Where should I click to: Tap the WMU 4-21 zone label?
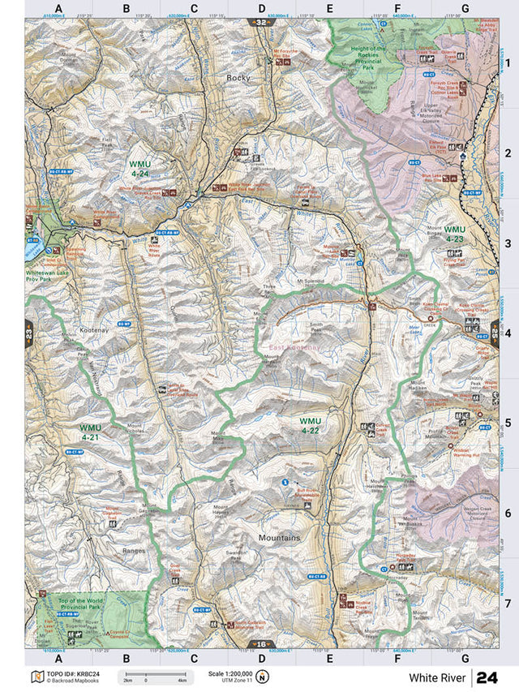tap(89, 432)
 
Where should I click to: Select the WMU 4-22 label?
tap(310, 425)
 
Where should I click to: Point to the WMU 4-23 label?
tap(454, 234)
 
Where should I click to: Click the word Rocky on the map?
tap(239, 78)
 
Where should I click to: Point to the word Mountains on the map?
tap(279, 538)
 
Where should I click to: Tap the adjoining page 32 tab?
tap(260, 23)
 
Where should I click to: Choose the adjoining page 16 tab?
tap(259, 645)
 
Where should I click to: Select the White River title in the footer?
tap(436, 677)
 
